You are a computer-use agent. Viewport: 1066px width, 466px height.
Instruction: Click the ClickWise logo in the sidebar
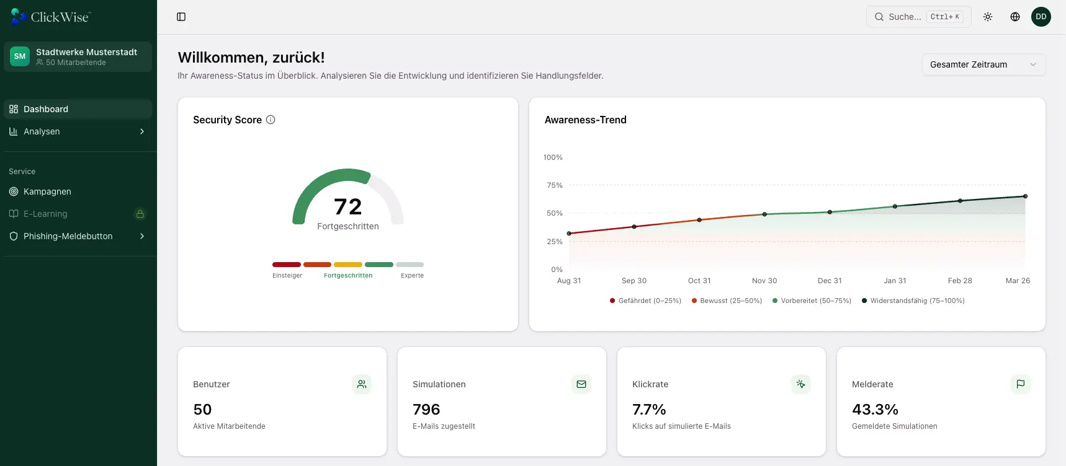[x=50, y=17]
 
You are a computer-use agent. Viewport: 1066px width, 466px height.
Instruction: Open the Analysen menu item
[x=42, y=131]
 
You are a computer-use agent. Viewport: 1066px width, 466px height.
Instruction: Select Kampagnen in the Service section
[x=47, y=191]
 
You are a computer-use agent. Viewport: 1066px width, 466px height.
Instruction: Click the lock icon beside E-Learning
[x=140, y=214]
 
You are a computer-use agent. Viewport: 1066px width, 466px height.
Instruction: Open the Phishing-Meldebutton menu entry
[x=68, y=236]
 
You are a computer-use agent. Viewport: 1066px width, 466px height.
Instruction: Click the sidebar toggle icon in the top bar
[x=181, y=17]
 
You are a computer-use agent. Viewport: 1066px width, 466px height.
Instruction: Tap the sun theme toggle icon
[x=988, y=17]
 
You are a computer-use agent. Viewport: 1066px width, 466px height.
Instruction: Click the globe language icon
[x=1015, y=17]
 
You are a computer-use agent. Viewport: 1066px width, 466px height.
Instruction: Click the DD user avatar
[x=1041, y=17]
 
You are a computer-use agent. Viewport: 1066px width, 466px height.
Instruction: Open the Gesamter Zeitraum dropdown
[x=983, y=64]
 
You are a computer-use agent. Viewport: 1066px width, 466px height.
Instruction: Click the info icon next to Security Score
[x=271, y=120]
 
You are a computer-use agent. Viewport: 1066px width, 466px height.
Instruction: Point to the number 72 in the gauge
[x=347, y=206]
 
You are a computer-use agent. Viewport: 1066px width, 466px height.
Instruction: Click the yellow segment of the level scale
[x=348, y=265]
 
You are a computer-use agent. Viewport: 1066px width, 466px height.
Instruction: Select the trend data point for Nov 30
[x=764, y=214]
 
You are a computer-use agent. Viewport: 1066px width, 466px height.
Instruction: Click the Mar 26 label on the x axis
[x=1018, y=281]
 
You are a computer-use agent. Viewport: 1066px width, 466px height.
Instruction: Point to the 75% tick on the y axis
[x=554, y=185]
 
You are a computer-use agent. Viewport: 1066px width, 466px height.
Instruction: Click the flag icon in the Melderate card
[x=1020, y=384]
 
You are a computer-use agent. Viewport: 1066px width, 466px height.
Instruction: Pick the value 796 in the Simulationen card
[x=426, y=410]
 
